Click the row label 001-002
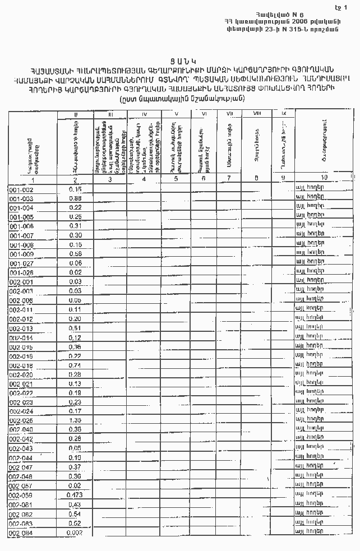pyautogui.click(x=21, y=189)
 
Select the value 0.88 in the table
pyautogui.click(x=76, y=198)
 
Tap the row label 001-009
pyautogui.click(x=21, y=253)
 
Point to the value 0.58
pyautogui.click(x=76, y=253)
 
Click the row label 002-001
pyautogui.click(x=21, y=281)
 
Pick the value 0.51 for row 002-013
pyautogui.click(x=75, y=328)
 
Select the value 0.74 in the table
pyautogui.click(x=75, y=365)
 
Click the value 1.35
pyautogui.click(x=75, y=420)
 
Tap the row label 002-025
pyautogui.click(x=21, y=420)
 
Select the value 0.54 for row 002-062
pyautogui.click(x=75, y=513)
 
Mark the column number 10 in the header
pyautogui.click(x=324, y=178)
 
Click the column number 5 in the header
pyautogui.click(x=176, y=179)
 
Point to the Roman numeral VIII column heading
pyautogui.click(x=257, y=114)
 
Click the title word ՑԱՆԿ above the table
pyautogui.click(x=180, y=59)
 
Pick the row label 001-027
pyautogui.click(x=21, y=263)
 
